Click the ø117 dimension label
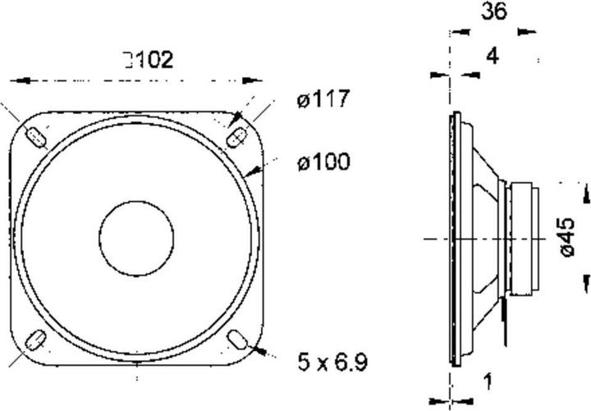[x=323, y=101]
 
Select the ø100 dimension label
[x=323, y=162]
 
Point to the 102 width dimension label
[x=149, y=60]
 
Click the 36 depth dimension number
[x=494, y=11]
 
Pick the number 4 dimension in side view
[x=492, y=56]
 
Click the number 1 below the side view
[x=488, y=381]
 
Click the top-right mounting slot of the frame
[x=235, y=135]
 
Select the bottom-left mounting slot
[x=36, y=338]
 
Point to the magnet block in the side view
[x=523, y=239]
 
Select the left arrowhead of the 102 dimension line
[x=18, y=81]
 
